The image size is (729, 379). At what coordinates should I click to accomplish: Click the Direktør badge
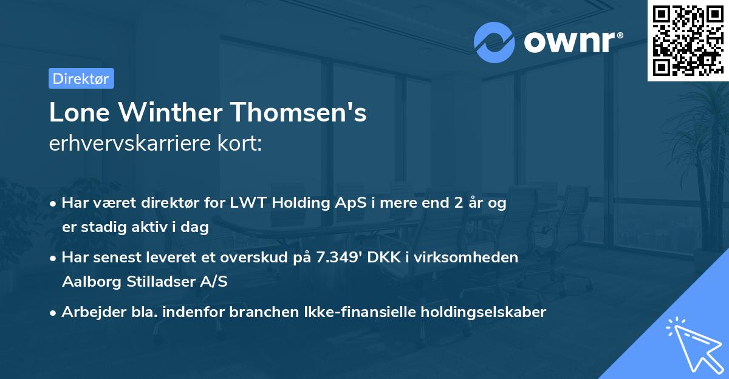81,78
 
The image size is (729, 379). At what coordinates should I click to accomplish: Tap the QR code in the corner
688,41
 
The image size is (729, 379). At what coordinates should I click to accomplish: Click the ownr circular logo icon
495,42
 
